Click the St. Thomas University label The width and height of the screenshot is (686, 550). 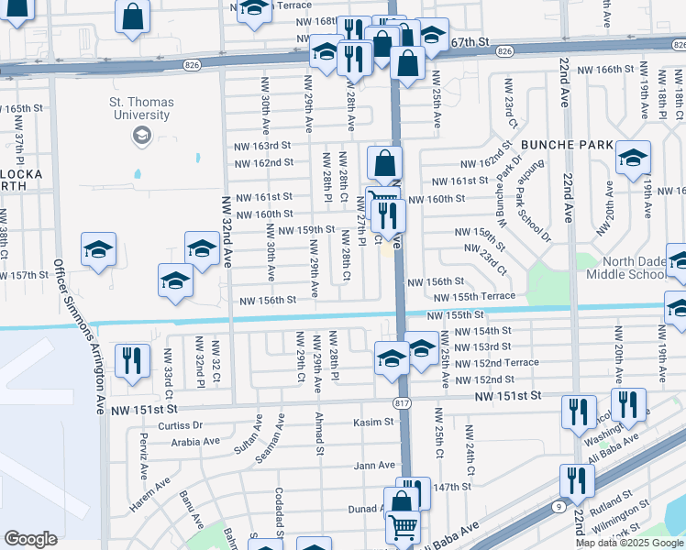[140, 109]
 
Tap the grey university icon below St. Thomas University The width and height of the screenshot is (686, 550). [140, 137]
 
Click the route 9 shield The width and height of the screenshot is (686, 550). [559, 505]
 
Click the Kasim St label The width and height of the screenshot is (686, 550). [373, 423]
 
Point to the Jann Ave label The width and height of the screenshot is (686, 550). [374, 466]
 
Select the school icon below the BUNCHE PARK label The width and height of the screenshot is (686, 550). [633, 158]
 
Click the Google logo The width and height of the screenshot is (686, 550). [30, 539]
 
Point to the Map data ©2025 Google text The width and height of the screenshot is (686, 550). [630, 543]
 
